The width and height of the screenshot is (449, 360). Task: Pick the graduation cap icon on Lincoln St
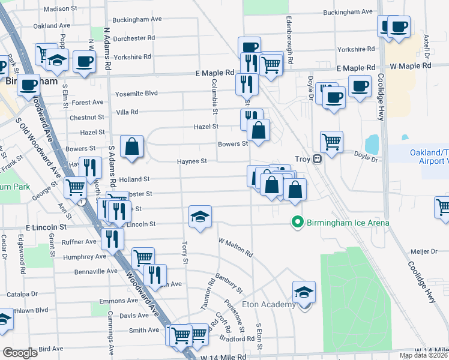click(200, 217)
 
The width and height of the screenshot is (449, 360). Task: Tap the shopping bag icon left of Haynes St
click(131, 146)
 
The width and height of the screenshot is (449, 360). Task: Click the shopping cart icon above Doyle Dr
click(331, 142)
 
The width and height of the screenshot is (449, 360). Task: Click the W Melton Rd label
click(235, 245)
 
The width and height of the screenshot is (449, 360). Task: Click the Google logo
click(20, 353)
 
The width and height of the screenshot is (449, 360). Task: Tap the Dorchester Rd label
click(134, 38)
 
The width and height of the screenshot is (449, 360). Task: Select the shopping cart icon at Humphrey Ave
click(143, 259)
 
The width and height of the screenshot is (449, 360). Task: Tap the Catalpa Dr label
click(22, 295)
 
